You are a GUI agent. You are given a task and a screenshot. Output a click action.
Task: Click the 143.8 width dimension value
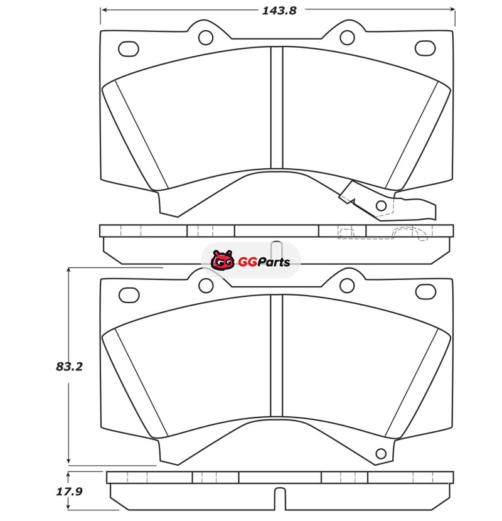click(x=279, y=11)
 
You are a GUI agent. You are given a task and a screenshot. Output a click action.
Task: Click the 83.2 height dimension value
click(x=69, y=367)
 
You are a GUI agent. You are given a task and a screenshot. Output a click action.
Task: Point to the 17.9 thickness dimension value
click(x=69, y=491)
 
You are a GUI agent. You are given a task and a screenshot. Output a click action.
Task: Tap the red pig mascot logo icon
click(x=222, y=260)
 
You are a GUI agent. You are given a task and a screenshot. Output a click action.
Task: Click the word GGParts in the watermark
click(x=264, y=262)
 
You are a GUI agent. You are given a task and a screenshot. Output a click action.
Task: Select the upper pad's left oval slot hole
click(x=129, y=49)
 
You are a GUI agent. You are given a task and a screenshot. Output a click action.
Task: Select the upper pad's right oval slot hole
click(x=425, y=48)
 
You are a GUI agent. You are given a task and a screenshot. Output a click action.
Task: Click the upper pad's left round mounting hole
click(x=206, y=38)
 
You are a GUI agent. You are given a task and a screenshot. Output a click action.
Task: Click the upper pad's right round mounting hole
click(x=347, y=38)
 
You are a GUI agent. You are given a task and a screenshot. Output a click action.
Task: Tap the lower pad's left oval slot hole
click(x=129, y=295)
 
